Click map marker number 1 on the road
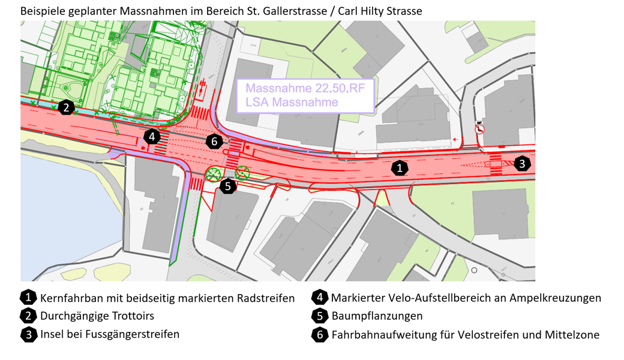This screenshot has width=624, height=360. [x=400, y=167]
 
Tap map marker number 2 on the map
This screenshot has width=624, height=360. [x=66, y=108]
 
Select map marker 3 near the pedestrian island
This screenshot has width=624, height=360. [x=522, y=163]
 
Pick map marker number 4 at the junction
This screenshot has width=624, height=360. [x=152, y=137]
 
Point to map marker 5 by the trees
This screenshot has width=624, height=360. [x=228, y=186]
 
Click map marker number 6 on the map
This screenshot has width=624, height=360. [x=214, y=142]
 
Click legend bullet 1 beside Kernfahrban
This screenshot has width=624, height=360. [x=28, y=298]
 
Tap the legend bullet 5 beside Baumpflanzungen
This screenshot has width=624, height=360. [x=320, y=316]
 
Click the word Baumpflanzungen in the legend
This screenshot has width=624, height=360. [x=377, y=316]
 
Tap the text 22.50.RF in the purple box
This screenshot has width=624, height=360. [x=337, y=88]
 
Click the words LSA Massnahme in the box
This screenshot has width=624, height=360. [x=292, y=102]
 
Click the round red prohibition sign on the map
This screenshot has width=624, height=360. [x=480, y=129]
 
